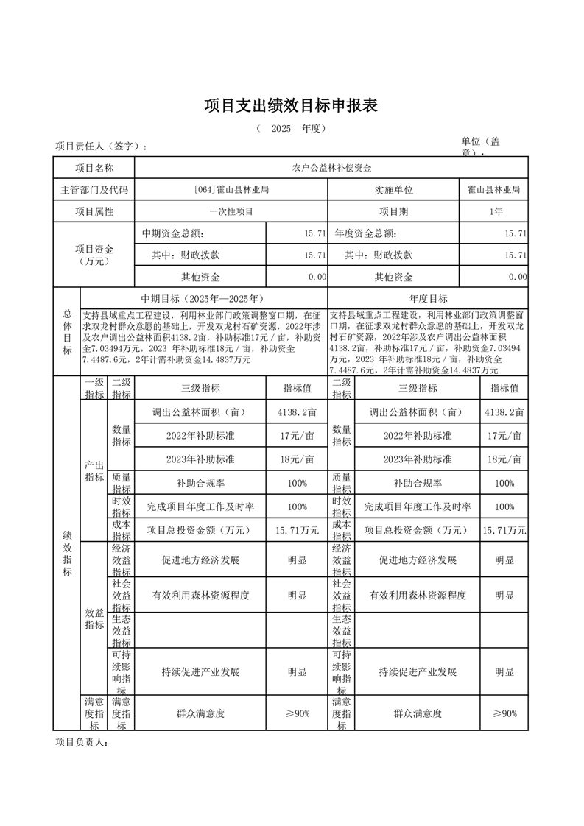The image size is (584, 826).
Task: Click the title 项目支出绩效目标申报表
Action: tap(291, 106)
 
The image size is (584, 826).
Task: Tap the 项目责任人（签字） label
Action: tap(101, 147)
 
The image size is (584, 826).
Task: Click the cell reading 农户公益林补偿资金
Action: tap(331, 168)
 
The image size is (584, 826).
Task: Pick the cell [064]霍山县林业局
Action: tap(231, 190)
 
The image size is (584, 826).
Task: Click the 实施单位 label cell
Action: tap(393, 190)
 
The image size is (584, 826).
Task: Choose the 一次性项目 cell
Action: tap(231, 212)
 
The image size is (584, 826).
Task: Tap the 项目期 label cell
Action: tap(393, 212)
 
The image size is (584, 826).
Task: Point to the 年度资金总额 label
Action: tap(365, 234)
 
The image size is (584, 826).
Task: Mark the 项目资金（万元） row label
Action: tap(94, 255)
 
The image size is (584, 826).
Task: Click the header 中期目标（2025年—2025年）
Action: tap(203, 299)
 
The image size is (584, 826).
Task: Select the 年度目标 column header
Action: tap(428, 299)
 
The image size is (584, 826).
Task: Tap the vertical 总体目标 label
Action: tap(67, 332)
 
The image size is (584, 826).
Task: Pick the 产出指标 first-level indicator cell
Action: tap(94, 471)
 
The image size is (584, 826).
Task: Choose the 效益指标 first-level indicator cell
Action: tap(94, 618)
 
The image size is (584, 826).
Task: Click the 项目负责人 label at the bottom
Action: tap(82, 743)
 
